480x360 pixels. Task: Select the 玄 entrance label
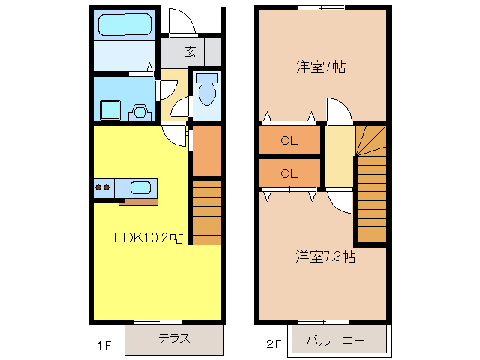[x=190, y=52]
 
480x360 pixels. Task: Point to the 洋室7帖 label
[x=319, y=67]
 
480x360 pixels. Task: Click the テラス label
[x=173, y=338]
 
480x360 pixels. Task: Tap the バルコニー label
[x=335, y=340]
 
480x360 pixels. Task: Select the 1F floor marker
[x=103, y=346]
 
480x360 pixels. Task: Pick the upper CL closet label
[x=289, y=139]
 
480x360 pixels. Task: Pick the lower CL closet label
[x=289, y=174]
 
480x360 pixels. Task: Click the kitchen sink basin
[x=141, y=187]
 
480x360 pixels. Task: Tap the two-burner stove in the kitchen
[x=103, y=187]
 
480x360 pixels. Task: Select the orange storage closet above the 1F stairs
[x=208, y=150]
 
